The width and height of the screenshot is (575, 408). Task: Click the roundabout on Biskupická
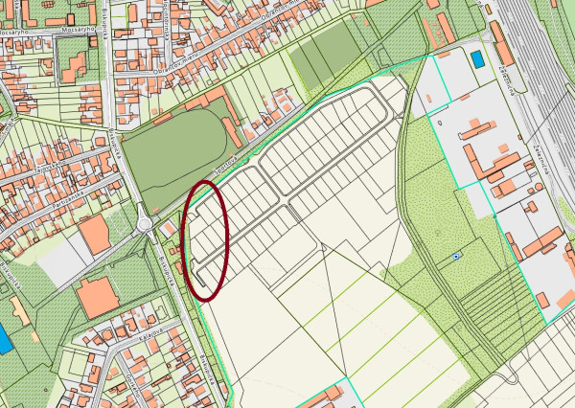tap(145, 223)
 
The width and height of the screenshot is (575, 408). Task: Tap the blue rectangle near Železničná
tap(476, 59)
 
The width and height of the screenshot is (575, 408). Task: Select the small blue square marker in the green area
tap(455, 257)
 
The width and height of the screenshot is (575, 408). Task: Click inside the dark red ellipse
tap(206, 239)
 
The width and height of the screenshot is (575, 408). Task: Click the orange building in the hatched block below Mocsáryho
tap(73, 66)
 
